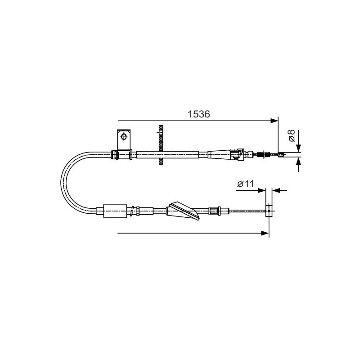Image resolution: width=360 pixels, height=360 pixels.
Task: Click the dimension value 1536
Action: (x=198, y=114)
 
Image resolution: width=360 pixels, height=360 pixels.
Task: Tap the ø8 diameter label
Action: (x=291, y=135)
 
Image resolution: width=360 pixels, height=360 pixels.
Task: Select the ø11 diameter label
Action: (x=245, y=184)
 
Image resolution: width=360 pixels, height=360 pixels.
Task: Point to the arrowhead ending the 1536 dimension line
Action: (x=274, y=121)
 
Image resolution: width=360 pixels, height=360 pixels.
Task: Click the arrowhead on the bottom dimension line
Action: (x=265, y=233)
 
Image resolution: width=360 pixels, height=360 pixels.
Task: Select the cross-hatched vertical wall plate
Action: (x=161, y=145)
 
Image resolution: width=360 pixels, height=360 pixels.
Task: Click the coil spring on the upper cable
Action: (x=263, y=154)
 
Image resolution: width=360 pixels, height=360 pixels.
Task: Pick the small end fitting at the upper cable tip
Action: (x=281, y=155)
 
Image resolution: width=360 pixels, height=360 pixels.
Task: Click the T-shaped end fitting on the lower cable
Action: (x=269, y=211)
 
